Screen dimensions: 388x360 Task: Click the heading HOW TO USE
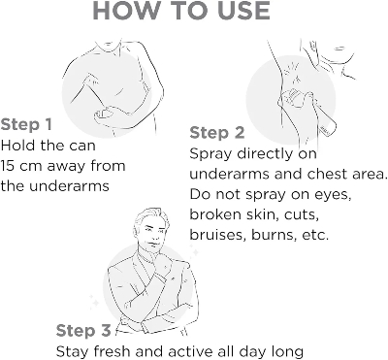(181, 11)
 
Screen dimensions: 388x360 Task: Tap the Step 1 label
(26, 124)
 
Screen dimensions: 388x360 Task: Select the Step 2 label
(217, 133)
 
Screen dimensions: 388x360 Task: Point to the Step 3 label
(83, 331)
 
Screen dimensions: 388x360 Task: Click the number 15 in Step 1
(8, 166)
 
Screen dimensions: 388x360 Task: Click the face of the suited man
(154, 235)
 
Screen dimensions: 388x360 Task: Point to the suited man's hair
(151, 216)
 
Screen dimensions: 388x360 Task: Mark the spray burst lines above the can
(294, 74)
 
